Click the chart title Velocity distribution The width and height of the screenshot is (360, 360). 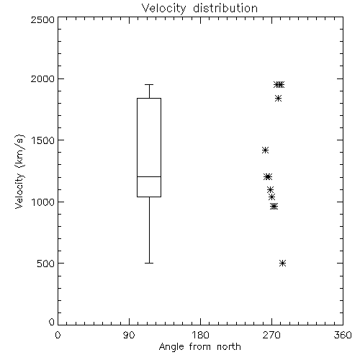[x=199, y=9]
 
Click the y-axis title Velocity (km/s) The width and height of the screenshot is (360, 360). [x=19, y=171]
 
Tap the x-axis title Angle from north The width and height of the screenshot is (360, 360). [x=199, y=347]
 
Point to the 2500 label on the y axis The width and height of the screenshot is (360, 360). [x=42, y=19]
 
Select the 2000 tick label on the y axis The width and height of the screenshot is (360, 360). [x=42, y=78]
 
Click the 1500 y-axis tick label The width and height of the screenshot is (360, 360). [x=43, y=140]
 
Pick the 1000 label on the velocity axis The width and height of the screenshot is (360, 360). [x=43, y=202]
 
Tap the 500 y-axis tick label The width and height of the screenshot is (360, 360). [x=46, y=264]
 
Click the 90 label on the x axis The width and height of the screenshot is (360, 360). [x=129, y=335]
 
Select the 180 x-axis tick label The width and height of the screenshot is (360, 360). [x=200, y=335]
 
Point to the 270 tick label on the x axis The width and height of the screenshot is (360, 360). [x=271, y=335]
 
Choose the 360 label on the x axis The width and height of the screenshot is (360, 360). [x=343, y=335]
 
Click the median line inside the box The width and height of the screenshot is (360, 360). [x=149, y=176]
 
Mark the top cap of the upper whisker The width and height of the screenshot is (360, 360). [x=149, y=84]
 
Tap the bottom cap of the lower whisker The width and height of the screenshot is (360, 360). [x=149, y=264]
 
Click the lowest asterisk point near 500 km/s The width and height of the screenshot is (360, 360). [x=283, y=264]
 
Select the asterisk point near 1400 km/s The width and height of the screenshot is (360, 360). [x=265, y=150]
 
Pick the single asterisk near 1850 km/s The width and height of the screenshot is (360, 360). [x=278, y=99]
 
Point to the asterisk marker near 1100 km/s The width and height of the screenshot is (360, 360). [x=271, y=189]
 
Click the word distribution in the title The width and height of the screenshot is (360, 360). [x=225, y=9]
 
